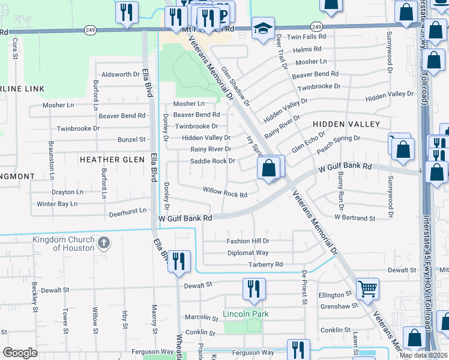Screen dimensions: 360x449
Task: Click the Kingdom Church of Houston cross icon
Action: click(104, 244)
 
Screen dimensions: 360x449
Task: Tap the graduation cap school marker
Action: click(262, 29)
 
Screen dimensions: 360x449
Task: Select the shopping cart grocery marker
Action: click(367, 289)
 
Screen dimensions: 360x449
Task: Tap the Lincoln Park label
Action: click(246, 314)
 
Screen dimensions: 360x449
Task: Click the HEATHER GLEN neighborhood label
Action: click(112, 159)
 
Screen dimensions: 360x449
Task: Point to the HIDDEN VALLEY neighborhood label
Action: click(346, 124)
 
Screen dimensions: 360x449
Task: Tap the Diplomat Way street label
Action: click(248, 253)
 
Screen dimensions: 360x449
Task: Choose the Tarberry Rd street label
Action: click(264, 264)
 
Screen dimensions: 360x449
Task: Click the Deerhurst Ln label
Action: click(127, 212)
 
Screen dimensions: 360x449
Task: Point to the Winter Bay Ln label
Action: click(57, 204)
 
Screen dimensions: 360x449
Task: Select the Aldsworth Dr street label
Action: click(121, 74)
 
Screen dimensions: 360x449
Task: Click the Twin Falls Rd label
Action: click(306, 37)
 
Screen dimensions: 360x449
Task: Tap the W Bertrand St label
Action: click(355, 217)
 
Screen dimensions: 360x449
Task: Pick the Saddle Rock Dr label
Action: click(212, 161)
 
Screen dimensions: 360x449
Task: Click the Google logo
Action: click(20, 353)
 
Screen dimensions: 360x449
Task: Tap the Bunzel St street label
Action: click(131, 139)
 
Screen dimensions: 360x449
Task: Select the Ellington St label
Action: click(335, 295)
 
